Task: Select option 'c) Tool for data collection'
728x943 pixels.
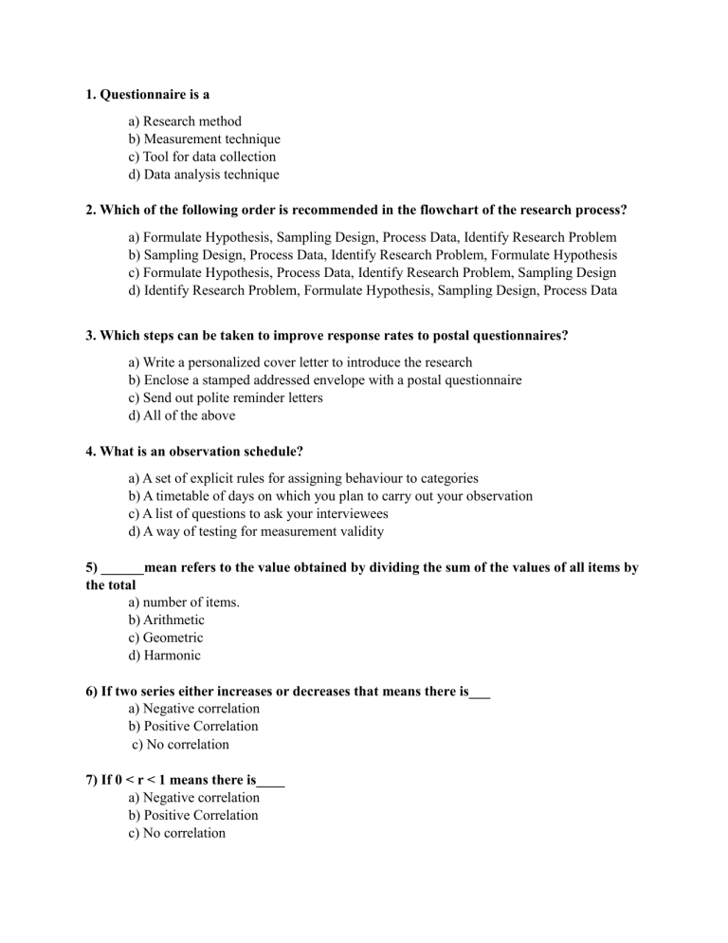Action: click(201, 157)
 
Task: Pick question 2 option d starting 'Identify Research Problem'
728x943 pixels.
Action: click(372, 291)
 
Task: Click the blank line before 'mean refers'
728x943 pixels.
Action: click(122, 569)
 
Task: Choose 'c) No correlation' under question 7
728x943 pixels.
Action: click(175, 833)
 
